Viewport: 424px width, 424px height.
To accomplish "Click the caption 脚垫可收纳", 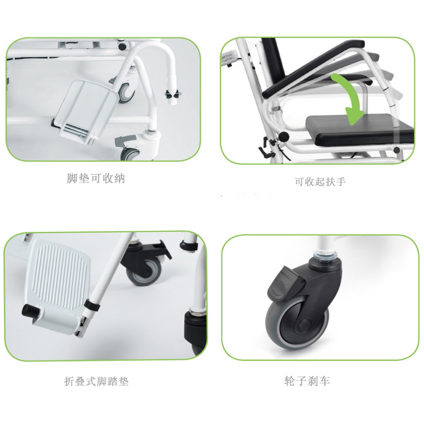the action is (96, 179).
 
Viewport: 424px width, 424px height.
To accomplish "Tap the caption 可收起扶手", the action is (320, 181).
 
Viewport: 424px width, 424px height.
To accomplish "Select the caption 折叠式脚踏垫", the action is (96, 381).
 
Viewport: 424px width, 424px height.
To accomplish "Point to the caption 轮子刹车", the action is (307, 381).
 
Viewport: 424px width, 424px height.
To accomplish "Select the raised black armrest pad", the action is (314, 69).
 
